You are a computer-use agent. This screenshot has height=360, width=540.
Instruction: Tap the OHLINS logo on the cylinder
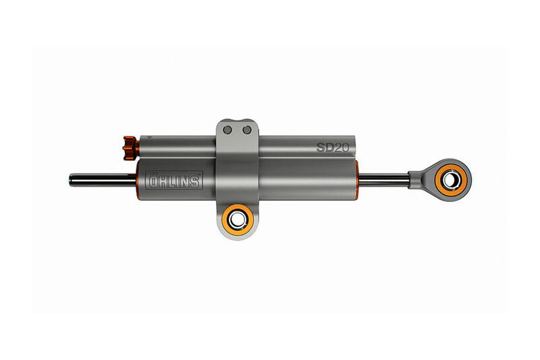[174, 180]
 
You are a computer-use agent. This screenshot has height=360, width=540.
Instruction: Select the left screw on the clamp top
[229, 129]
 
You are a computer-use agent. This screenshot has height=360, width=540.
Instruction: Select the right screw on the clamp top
[247, 129]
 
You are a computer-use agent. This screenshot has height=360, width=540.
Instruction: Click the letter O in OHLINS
[155, 181]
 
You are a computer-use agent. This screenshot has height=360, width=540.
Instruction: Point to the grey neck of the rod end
[417, 178]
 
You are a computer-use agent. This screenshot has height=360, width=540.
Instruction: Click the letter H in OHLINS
[164, 181]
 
